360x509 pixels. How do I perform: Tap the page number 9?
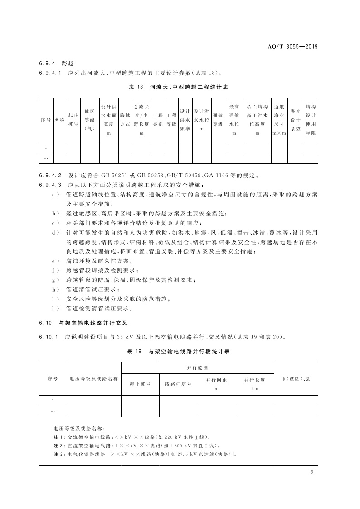tap(312, 472)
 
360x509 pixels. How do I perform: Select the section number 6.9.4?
tap(47, 63)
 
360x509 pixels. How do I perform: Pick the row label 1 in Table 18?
tap(46, 147)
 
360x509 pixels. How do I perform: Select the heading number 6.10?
tap(46, 323)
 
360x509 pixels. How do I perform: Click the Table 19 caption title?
tap(180, 351)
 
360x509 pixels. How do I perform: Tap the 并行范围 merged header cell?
tap(198, 368)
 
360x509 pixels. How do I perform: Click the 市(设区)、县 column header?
tap(296, 378)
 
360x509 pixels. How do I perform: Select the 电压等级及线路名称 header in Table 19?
tap(94, 378)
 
